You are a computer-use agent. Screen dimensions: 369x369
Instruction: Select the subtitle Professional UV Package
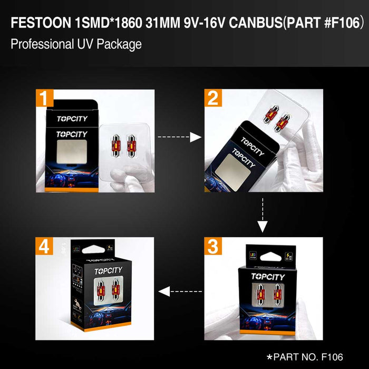(76, 44)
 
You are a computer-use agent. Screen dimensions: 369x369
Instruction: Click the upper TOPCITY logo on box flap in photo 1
(72, 119)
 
